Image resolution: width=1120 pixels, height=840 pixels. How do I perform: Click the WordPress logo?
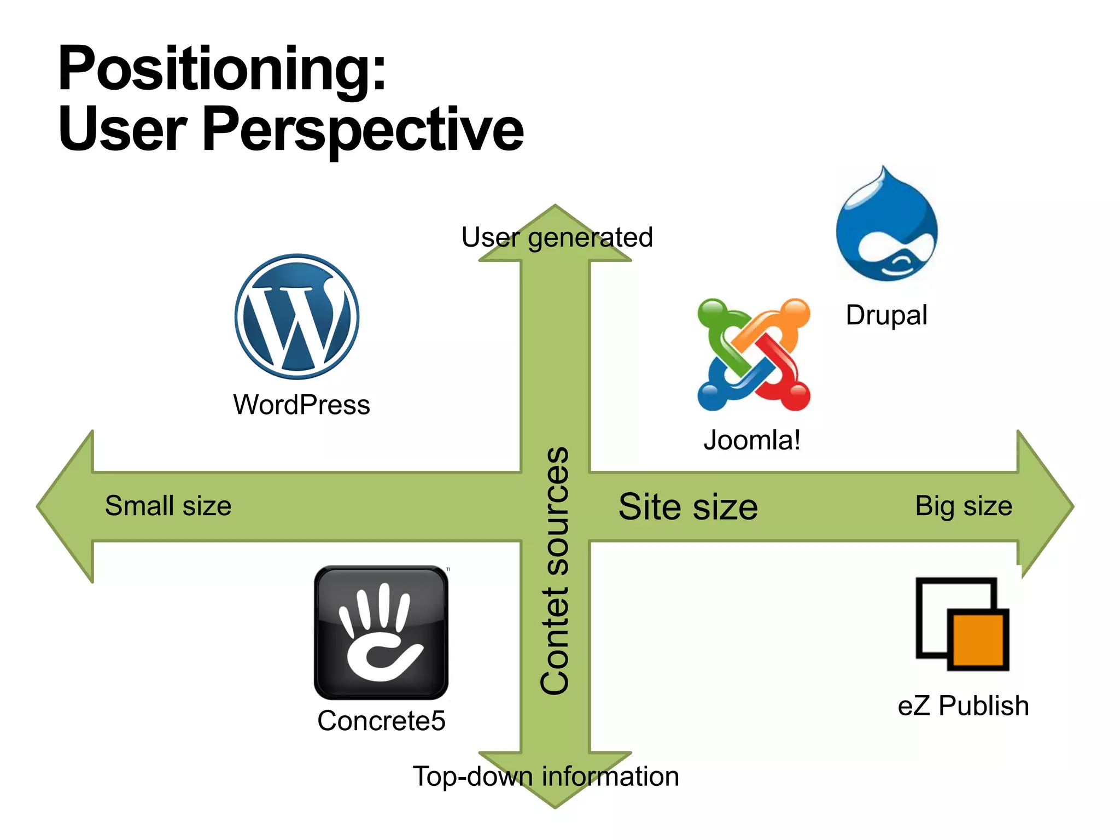(297, 317)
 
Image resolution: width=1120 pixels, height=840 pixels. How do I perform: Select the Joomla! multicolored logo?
(754, 354)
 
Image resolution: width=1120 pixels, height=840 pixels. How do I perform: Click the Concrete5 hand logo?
(381, 632)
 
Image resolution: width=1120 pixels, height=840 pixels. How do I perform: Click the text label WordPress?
(301, 405)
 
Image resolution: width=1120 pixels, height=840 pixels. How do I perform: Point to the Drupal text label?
(886, 316)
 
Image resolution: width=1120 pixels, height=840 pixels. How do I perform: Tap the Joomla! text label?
(752, 440)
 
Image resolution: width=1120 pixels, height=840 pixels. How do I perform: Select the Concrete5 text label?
(381, 721)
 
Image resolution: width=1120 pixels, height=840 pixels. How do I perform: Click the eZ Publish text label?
(963, 705)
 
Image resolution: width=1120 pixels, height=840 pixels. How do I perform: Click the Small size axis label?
(168, 506)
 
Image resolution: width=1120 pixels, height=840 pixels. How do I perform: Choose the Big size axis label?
(964, 506)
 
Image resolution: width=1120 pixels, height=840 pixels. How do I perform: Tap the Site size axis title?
(688, 507)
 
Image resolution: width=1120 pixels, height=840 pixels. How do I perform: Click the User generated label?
(557, 237)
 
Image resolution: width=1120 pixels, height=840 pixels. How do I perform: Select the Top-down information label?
(545, 777)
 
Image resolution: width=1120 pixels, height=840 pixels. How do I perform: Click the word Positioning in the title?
(221, 69)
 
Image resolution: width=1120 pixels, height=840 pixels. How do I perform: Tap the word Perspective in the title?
(363, 130)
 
